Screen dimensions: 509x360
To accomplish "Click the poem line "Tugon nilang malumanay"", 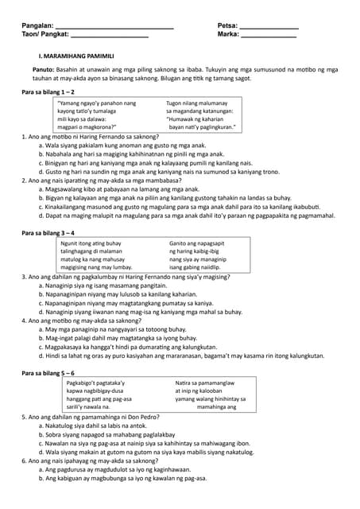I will click(196, 103).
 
